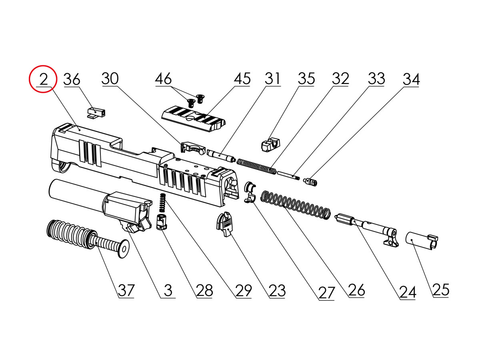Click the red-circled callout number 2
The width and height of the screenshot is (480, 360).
(x=43, y=79)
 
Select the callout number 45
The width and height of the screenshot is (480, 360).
(x=242, y=79)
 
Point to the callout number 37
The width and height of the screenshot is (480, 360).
(x=126, y=290)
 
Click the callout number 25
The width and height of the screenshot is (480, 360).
(x=441, y=290)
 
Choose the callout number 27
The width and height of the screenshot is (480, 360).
(x=326, y=293)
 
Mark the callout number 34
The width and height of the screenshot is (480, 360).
(x=411, y=79)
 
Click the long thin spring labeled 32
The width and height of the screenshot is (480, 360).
(x=256, y=166)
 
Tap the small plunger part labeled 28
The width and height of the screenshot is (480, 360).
(x=161, y=222)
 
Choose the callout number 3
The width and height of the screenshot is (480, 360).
(x=168, y=290)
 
